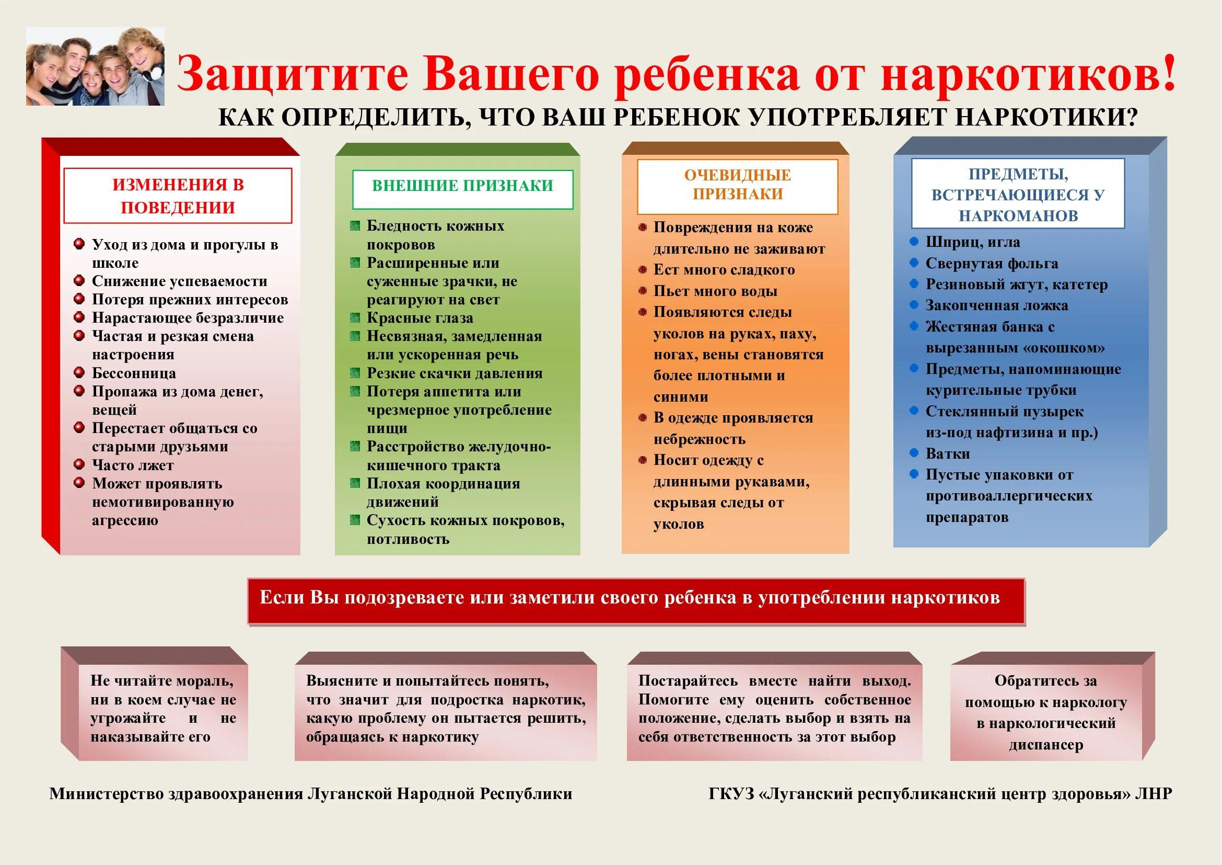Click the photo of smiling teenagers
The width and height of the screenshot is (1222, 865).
tap(95, 66)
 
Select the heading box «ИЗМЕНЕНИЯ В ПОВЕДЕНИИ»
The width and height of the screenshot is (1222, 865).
tap(178, 196)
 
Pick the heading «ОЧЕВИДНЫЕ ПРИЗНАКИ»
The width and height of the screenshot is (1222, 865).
tap(738, 184)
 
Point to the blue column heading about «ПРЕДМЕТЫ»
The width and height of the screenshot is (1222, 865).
tap(1018, 195)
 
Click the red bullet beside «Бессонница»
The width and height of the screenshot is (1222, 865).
tap(79, 372)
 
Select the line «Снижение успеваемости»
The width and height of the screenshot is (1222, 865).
tap(179, 281)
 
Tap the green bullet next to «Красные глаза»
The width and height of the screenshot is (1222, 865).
tap(355, 318)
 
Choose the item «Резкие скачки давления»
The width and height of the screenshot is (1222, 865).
tap(455, 373)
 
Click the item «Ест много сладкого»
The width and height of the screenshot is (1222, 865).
tap(724, 269)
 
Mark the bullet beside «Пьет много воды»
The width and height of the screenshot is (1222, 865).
tap(643, 291)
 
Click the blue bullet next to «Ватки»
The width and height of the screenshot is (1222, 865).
tap(914, 453)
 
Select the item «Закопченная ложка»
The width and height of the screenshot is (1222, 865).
tap(997, 305)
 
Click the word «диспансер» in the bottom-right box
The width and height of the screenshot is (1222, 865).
tap(1046, 744)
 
